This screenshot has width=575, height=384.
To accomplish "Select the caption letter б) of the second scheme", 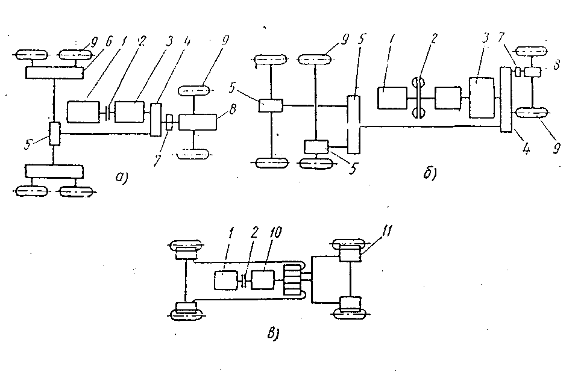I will click(x=430, y=175).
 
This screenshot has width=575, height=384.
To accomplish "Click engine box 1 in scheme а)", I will click(x=86, y=112).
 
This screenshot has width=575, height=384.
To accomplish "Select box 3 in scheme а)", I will click(x=129, y=112).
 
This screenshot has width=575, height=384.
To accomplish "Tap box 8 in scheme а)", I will click(x=196, y=121).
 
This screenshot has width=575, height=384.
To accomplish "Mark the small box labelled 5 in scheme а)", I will click(x=54, y=132).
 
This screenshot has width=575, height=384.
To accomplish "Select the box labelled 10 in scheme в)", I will click(x=263, y=280).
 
